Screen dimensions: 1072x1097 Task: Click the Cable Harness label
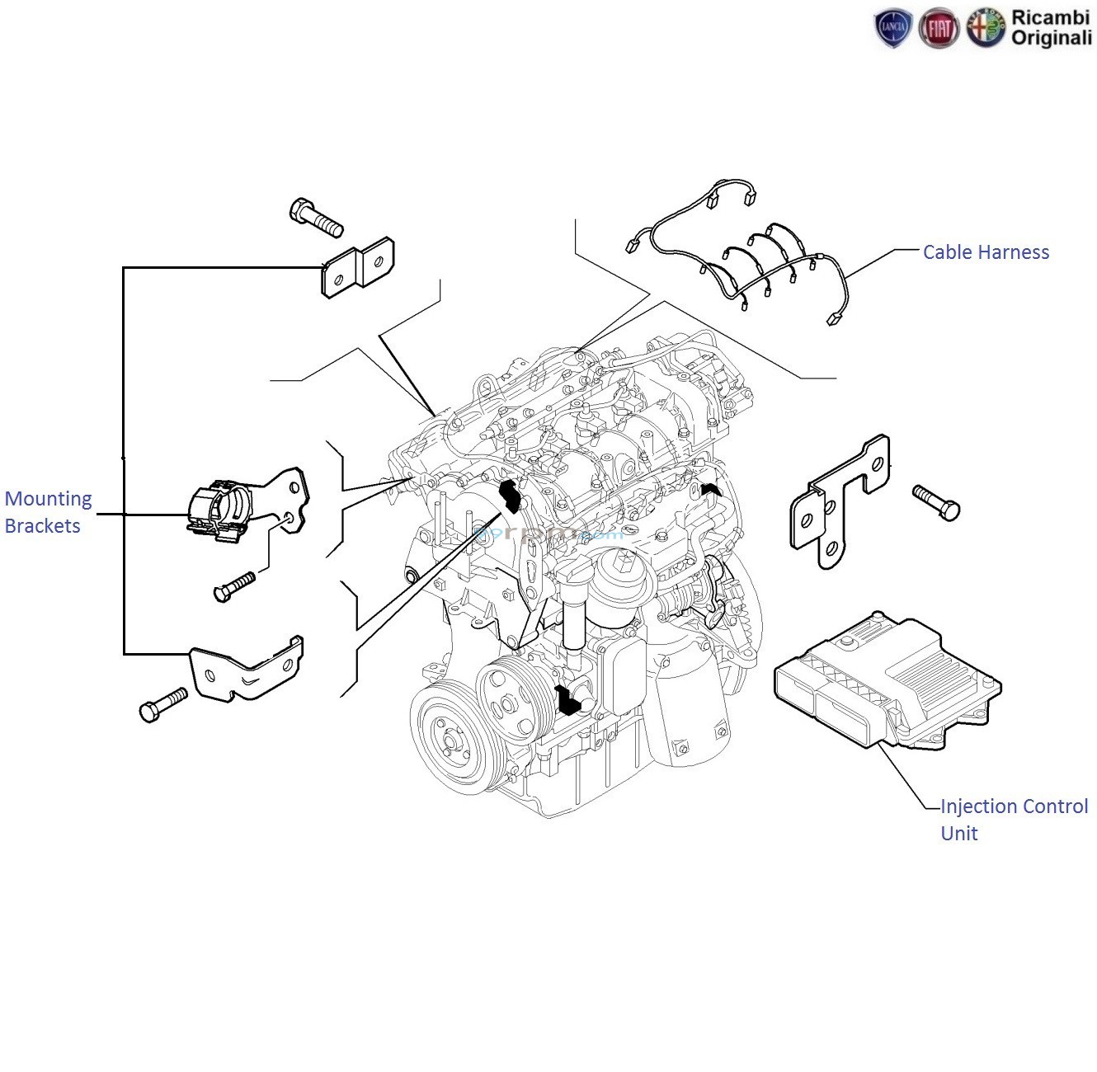point(985,252)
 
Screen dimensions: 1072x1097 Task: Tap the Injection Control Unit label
point(1013,819)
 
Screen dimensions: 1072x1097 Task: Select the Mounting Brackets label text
point(48,512)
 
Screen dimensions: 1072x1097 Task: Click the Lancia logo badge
point(893,30)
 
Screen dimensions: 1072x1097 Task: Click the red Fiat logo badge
point(939,30)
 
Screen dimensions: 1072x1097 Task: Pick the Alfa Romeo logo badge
point(986,30)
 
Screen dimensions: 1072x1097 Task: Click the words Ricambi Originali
point(1050,27)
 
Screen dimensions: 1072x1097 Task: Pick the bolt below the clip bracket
point(235,586)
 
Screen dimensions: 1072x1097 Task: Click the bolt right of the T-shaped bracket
point(936,501)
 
